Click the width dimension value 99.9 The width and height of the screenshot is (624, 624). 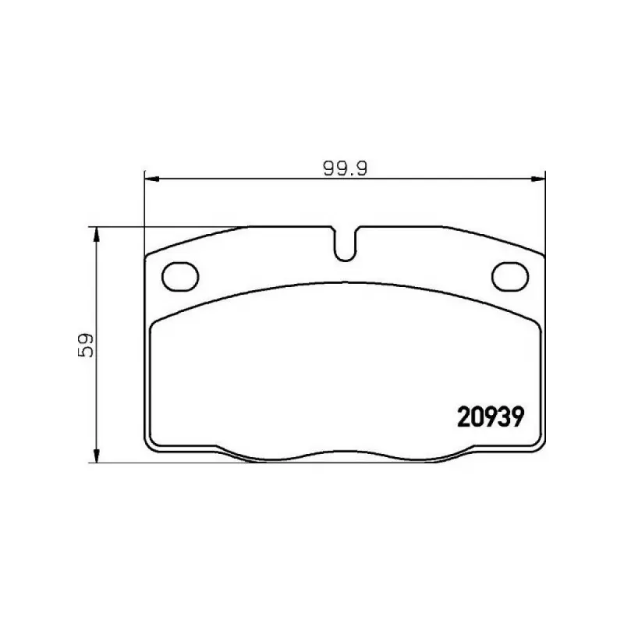[x=345, y=168]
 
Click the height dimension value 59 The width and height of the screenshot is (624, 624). [x=86, y=345]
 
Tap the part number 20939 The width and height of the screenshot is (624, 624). [x=491, y=417]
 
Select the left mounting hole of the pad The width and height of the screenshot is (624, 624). [x=180, y=276]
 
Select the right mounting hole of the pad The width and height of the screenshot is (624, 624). [x=510, y=276]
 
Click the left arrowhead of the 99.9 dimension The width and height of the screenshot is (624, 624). [x=151, y=179]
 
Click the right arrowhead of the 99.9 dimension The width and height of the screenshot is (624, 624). [x=538, y=179]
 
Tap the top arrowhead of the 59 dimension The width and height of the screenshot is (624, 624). [x=96, y=234]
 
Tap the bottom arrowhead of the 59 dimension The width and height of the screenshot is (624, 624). [x=96, y=456]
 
